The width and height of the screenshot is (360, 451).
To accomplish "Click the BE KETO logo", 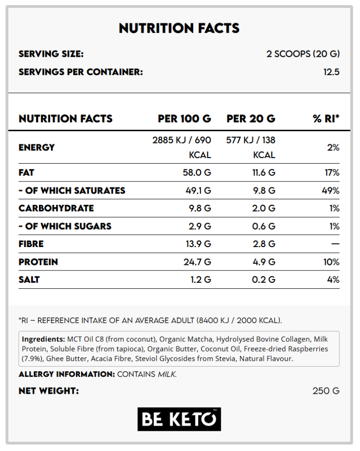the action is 179,419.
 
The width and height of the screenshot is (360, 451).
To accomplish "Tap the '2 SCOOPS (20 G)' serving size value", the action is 303,54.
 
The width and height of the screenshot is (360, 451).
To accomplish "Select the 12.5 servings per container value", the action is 331,72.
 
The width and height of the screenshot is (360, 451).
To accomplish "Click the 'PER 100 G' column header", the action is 184,119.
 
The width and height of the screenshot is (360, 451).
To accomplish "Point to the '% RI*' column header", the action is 326,119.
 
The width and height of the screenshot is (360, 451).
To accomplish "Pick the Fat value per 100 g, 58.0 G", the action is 197,173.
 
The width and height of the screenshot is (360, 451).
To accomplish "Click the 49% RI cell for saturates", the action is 330,190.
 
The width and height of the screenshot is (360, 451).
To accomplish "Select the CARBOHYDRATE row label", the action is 56,208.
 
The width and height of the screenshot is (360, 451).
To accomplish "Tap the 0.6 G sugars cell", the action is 264,226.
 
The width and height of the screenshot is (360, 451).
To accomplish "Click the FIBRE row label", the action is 31,244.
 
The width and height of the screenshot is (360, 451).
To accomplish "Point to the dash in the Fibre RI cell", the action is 335,244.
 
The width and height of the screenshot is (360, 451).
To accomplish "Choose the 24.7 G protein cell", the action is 197,262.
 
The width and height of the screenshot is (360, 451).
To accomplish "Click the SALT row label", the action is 29,279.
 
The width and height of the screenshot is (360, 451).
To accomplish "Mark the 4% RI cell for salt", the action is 333,279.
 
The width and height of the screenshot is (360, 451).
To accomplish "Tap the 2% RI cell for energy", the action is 333,148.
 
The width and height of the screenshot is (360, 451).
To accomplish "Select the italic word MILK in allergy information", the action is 167,374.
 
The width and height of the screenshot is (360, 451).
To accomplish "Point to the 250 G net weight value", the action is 326,391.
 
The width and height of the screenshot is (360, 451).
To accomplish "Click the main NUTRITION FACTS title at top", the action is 179,28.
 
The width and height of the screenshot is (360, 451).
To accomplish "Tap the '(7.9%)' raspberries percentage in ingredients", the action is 33,359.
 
